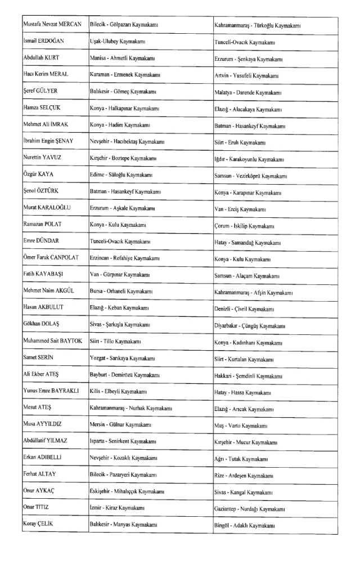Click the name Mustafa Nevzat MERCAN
coord(52,25)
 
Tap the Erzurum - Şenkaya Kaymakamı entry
coord(249,59)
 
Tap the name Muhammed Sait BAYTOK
coord(53,341)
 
